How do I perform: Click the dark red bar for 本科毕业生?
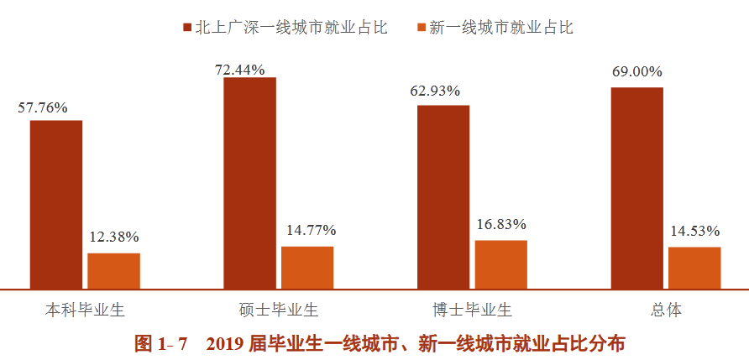56,205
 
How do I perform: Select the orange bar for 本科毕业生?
114,271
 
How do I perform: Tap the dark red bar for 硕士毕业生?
249,183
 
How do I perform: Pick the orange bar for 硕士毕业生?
307,268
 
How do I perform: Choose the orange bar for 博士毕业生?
501,264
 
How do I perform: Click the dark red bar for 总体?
636,188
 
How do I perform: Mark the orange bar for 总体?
694,268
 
